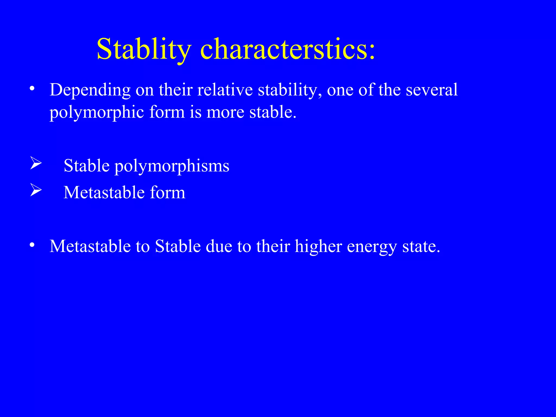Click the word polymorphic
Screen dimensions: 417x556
[97, 112]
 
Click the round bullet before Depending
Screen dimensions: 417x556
[32, 89]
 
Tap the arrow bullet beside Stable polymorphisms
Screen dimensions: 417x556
[36, 163]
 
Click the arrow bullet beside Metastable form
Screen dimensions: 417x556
[36, 190]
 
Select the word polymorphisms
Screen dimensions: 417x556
[172, 166]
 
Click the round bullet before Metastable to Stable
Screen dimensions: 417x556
[32, 245]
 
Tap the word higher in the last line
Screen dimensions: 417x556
[318, 247]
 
